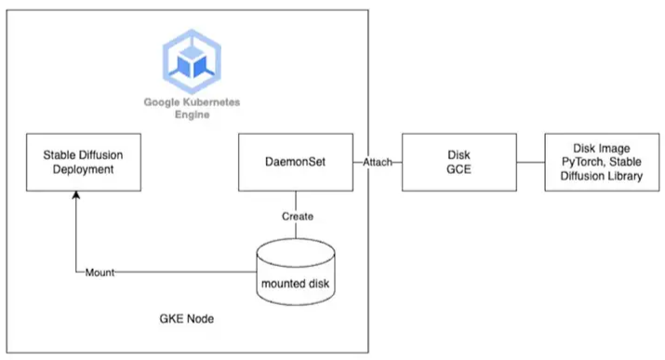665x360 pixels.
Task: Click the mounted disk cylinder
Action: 296,269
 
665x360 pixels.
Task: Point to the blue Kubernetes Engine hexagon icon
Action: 190,60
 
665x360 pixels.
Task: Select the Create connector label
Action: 297,216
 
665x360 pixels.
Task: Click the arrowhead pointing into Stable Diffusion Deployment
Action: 75,197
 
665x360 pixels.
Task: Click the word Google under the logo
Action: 162,101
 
